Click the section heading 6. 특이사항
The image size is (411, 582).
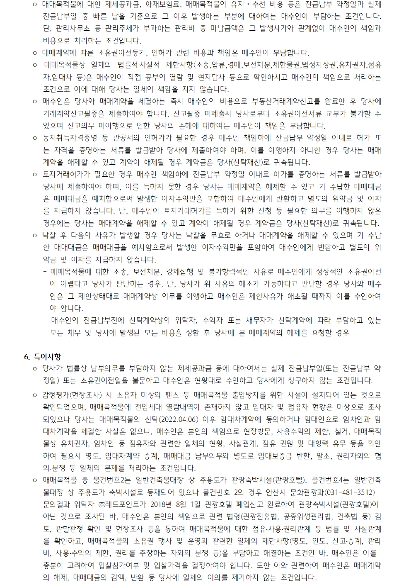point(43,356)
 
